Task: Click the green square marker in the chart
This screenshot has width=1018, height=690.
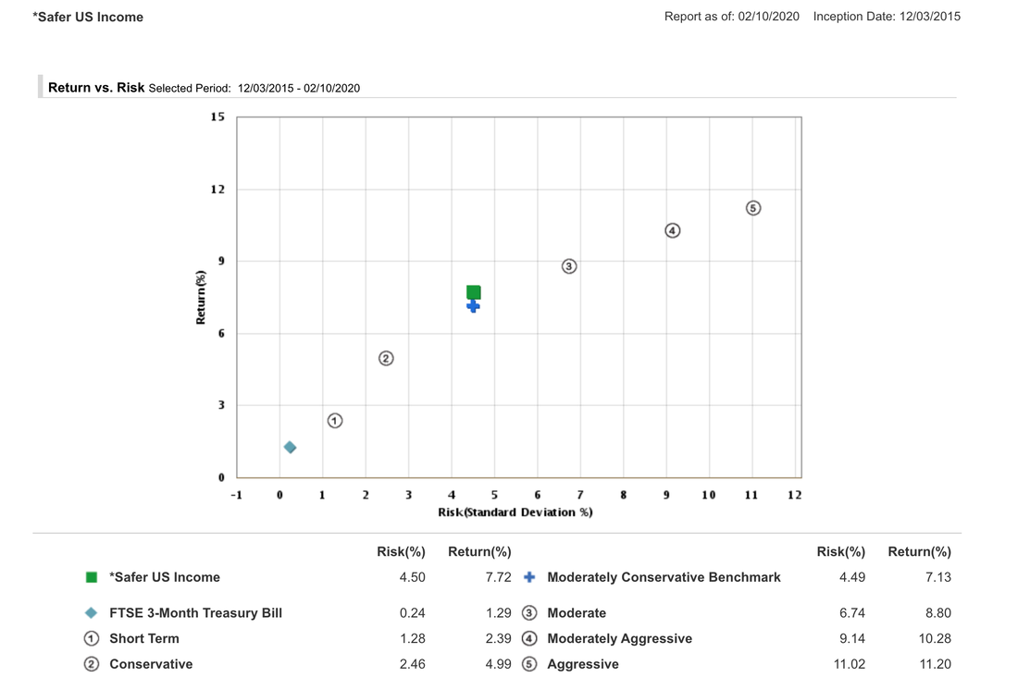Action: (474, 292)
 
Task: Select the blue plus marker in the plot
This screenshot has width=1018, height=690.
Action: (473, 306)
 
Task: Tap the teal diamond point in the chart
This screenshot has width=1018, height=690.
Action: (290, 448)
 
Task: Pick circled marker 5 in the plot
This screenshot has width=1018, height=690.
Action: (753, 208)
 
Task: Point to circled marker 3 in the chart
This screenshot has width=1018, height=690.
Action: (569, 266)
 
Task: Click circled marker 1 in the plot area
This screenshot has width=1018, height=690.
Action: (335, 421)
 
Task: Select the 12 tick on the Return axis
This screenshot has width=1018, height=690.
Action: (217, 190)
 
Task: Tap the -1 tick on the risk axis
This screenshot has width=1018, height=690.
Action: (237, 495)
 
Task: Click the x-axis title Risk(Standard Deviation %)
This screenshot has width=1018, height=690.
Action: (515, 512)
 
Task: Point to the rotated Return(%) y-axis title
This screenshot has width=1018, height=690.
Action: (201, 297)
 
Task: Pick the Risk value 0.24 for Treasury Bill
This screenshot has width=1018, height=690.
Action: (412, 613)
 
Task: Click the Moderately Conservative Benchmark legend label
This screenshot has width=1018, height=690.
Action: (664, 577)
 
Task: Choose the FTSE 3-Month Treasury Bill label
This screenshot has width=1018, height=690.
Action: (195, 613)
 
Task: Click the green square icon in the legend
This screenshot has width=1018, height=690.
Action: (92, 577)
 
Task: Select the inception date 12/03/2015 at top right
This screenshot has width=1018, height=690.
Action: (929, 17)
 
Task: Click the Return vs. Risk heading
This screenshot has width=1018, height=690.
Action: (96, 88)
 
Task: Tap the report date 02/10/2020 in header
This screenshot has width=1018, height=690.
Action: (771, 17)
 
